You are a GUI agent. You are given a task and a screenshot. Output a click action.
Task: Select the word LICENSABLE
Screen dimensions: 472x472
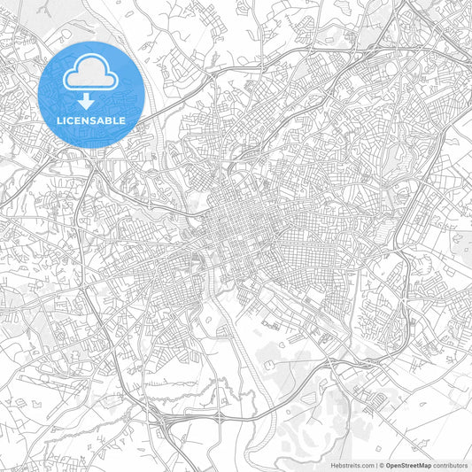coord(92,120)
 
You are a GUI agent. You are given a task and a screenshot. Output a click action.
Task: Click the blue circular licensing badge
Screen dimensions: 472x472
coord(92,94)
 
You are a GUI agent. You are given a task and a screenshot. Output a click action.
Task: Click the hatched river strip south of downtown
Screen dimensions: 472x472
coord(232,354)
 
